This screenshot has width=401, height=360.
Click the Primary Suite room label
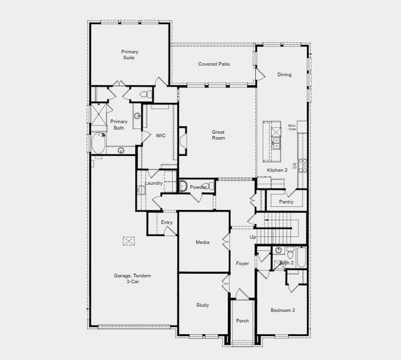(129, 55)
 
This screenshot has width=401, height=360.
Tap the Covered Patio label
(214, 64)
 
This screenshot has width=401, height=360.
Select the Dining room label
(284, 75)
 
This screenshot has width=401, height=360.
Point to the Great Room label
(218, 135)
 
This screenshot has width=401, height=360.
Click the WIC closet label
(161, 136)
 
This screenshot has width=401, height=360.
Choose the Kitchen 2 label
(278, 170)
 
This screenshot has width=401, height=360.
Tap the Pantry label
(286, 202)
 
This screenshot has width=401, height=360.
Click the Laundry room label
(153, 183)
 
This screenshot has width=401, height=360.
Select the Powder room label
(198, 187)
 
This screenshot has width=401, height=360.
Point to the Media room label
(203, 242)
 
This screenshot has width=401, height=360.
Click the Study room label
(203, 305)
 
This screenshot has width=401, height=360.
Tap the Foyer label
(242, 263)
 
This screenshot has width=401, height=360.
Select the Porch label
(242, 321)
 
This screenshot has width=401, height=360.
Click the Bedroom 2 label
(283, 310)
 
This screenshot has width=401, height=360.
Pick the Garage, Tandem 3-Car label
(132, 278)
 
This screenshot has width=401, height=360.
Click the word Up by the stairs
(252, 238)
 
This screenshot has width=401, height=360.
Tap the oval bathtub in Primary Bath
(97, 144)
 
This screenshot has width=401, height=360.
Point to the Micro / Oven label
(292, 127)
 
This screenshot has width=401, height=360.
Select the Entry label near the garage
(167, 223)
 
